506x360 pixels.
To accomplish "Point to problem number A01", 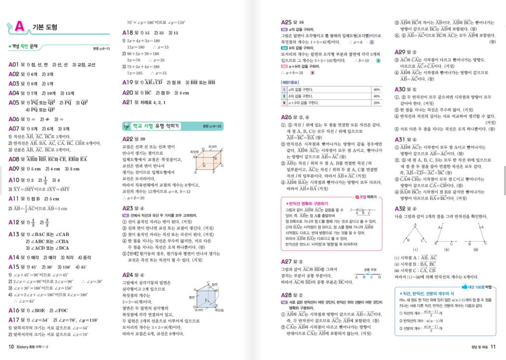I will (13, 65).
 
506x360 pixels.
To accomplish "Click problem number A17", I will (14, 320).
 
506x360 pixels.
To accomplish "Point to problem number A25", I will (286, 22).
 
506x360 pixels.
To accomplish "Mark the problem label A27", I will (286, 261).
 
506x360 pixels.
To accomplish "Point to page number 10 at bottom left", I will (11, 346).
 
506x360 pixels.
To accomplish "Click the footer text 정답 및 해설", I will (475, 346).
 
